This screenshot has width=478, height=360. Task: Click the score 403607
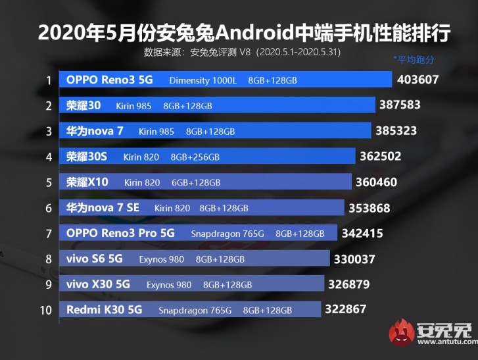tap(418, 80)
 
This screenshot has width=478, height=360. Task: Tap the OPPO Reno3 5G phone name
tap(109, 80)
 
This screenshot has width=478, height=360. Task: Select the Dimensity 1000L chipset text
tap(203, 81)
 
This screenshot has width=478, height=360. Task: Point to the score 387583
tap(400, 105)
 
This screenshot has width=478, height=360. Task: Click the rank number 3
tap(49, 131)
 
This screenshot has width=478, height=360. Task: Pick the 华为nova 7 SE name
tap(103, 208)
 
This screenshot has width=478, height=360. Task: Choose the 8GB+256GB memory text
tap(195, 157)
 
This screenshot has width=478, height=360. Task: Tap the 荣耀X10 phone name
tap(87, 182)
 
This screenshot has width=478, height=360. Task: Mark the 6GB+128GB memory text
tap(195, 182)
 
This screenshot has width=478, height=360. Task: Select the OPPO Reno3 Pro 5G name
tap(120, 233)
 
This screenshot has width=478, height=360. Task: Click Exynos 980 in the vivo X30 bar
tap(169, 285)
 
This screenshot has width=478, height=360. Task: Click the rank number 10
tap(45, 310)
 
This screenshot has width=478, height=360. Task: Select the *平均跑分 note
tap(414, 60)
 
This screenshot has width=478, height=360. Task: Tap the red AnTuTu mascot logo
tap(400, 333)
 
